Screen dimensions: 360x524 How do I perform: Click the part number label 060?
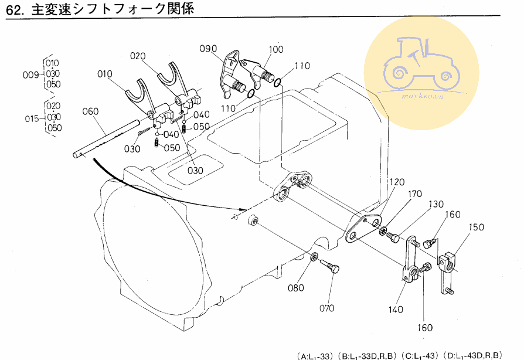pos(91,111)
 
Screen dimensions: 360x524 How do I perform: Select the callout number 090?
pos(207,49)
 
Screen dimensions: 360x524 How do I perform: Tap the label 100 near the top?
pos(276,49)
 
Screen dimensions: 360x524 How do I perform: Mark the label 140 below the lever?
pos(396,310)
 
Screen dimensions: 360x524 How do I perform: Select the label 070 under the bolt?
pos(326,308)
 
